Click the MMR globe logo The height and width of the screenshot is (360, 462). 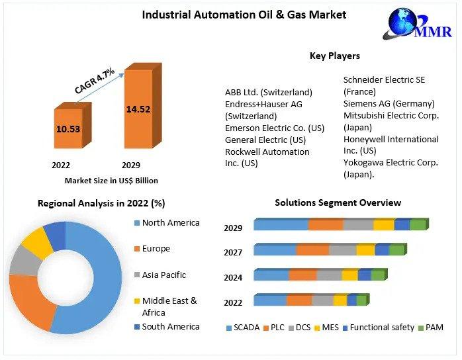405,25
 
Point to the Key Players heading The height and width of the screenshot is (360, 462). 334,56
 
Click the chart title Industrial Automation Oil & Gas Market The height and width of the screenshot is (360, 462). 244,14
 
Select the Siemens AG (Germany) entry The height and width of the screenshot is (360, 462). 389,103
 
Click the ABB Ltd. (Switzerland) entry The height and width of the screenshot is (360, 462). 268,92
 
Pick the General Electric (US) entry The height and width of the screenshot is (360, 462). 265,140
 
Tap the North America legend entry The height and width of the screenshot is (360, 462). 170,223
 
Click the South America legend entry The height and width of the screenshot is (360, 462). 170,326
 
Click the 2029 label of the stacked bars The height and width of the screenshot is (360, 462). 233,228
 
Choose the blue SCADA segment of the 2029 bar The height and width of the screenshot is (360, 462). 281,225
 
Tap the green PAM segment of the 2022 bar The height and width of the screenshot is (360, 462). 361,300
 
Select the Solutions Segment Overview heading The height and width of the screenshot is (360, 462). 338,202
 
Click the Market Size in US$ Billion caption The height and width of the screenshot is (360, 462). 111,180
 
